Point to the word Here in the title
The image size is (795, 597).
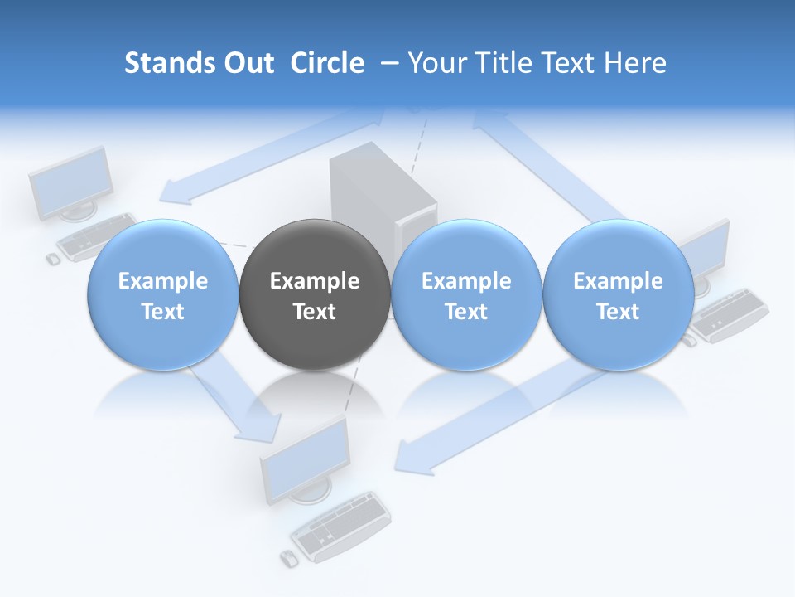click(x=636, y=63)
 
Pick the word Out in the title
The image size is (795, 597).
click(x=246, y=63)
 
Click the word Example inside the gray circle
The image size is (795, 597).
click(x=314, y=281)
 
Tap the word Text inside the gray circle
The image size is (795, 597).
click(x=314, y=312)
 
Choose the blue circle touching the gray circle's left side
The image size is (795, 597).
click(x=162, y=294)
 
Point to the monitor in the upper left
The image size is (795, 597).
click(x=72, y=184)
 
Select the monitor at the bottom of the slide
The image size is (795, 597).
click(x=305, y=463)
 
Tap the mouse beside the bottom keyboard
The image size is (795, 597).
click(x=287, y=558)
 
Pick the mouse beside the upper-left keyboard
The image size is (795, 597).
click(x=52, y=259)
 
